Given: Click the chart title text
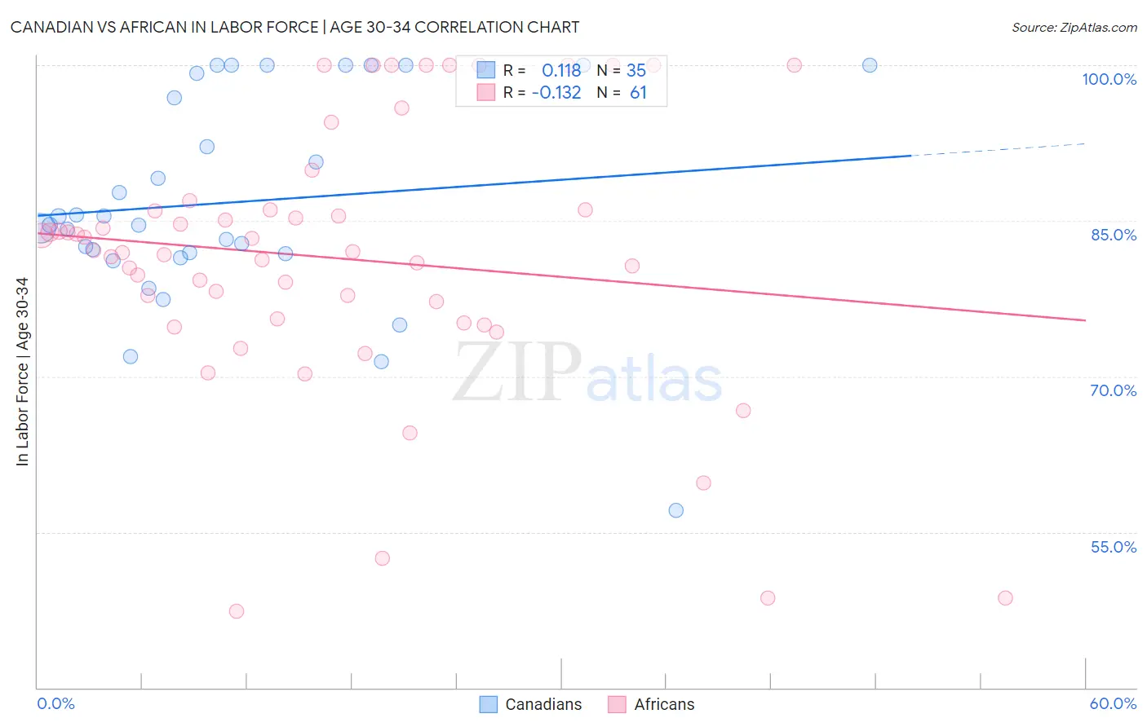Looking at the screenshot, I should [x=294, y=27].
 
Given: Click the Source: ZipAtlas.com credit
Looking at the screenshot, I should [x=1074, y=27].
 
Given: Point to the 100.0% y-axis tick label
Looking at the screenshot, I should [x=1109, y=79].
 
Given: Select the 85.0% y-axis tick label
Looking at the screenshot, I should [x=1113, y=235].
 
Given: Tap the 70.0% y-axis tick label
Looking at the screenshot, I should [x=1113, y=390].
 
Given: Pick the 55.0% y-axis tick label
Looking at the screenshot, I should [x=1113, y=547].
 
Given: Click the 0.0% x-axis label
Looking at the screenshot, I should [x=55, y=703].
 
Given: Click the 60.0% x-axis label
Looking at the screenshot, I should [x=1113, y=703].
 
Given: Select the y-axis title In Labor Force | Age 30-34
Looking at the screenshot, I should [x=23, y=372].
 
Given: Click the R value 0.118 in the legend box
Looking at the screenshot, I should [x=561, y=70].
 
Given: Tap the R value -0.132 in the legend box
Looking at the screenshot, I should [x=556, y=93].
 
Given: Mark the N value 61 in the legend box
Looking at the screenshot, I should [x=638, y=93].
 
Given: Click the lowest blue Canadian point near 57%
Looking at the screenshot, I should [x=675, y=510].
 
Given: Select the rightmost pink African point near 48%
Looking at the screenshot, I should [x=1005, y=598].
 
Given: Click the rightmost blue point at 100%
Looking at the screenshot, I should [x=870, y=65].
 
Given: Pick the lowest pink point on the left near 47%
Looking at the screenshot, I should [x=237, y=611].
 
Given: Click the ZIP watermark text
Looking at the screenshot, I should [x=517, y=372].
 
